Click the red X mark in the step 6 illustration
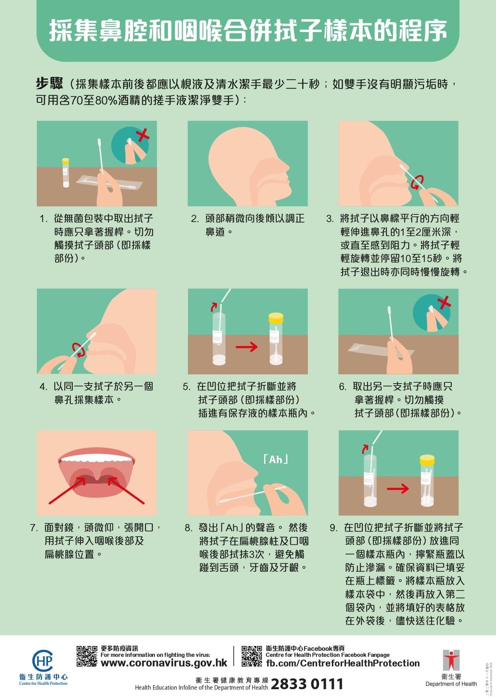[444, 303]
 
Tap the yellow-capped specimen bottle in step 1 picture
[66, 173]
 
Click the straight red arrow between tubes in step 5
[247, 346]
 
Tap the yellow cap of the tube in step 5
[276, 318]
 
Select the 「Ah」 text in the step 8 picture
[276, 459]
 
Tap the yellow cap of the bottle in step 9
[427, 459]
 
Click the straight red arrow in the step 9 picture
[398, 488]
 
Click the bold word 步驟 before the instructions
[49, 84]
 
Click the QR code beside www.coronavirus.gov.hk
[87, 656]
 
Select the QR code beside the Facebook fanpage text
[252, 656]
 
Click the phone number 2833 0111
[307, 684]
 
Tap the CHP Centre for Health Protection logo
[43, 662]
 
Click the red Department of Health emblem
[451, 660]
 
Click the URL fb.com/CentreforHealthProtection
[343, 663]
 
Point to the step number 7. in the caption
[34, 528]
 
